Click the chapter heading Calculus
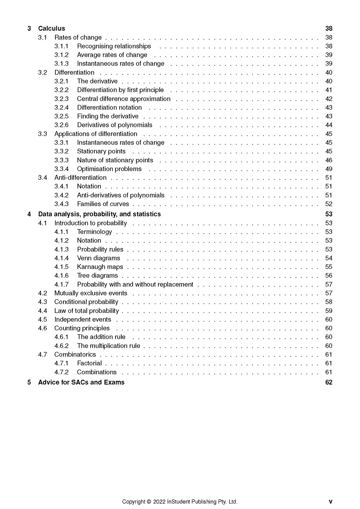(51, 28)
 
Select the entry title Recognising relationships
(114, 46)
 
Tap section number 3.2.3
(62, 99)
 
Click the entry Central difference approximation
(124, 99)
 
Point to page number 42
(329, 99)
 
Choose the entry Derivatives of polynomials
(115, 125)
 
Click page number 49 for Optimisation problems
(329, 169)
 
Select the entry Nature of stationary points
(115, 160)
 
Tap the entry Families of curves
(103, 204)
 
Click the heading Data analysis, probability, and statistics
(99, 214)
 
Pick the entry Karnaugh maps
(100, 267)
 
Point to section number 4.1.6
(62, 275)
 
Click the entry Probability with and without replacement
(135, 284)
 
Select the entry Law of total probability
(86, 311)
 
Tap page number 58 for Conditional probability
(329, 302)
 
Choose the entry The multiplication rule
(108, 346)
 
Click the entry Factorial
(89, 363)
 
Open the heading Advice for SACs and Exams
(81, 382)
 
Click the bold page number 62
(329, 382)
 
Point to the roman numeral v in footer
(331, 501)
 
